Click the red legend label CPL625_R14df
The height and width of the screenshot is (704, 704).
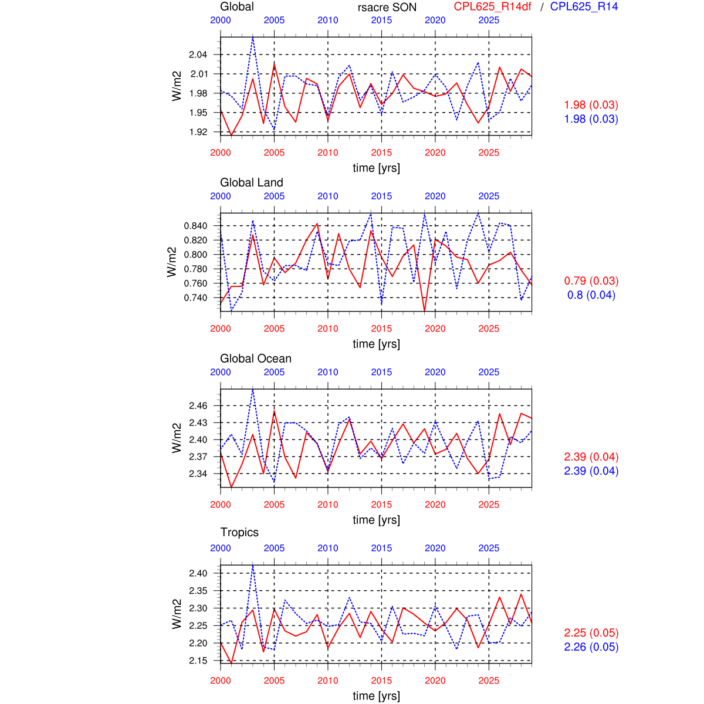click(492, 7)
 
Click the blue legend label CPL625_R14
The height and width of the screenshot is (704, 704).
click(584, 7)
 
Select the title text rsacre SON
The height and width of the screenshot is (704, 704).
click(387, 8)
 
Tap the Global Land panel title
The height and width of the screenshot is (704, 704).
click(252, 182)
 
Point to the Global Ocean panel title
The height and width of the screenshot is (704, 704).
click(256, 358)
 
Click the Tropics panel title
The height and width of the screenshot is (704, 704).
click(239, 532)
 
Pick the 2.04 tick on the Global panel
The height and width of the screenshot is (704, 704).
click(198, 55)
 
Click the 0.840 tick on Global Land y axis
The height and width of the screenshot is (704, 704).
click(196, 226)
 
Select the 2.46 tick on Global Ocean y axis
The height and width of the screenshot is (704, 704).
click(198, 406)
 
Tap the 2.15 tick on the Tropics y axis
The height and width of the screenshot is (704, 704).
click(198, 661)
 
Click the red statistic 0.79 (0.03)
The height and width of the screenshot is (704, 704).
click(591, 281)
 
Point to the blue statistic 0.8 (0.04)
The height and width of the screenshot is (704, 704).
click(591, 295)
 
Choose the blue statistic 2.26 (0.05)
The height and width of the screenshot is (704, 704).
click(591, 647)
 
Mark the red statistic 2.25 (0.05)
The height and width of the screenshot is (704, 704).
click(591, 633)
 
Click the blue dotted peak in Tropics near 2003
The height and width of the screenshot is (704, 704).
click(253, 566)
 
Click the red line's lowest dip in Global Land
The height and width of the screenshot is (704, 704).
click(424, 310)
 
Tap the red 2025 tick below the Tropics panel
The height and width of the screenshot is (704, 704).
click(489, 681)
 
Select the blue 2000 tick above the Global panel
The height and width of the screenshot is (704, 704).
click(221, 20)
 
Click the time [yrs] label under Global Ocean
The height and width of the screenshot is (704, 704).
click(376, 520)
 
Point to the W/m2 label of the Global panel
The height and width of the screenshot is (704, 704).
click(177, 86)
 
